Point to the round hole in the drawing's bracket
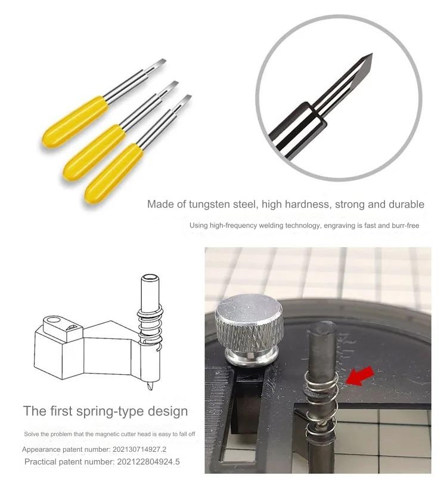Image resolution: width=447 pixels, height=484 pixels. tap(51, 322)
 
